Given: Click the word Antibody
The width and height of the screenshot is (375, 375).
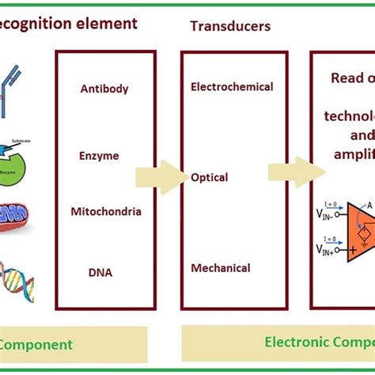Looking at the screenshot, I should point(104,89).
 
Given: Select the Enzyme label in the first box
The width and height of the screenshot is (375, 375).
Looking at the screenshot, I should point(99,156).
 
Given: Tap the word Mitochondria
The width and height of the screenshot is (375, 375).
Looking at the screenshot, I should point(106,211).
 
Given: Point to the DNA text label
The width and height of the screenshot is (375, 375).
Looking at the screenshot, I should point(100,273).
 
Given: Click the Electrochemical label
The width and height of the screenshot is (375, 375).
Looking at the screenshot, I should point(232,87).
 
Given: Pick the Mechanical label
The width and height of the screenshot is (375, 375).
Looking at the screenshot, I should point(221,268).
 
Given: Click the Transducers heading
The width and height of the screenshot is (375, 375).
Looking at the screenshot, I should point(230,26).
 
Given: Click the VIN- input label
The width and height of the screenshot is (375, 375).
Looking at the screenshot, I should point(324,212).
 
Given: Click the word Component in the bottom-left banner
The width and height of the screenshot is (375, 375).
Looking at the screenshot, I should point(36,344).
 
